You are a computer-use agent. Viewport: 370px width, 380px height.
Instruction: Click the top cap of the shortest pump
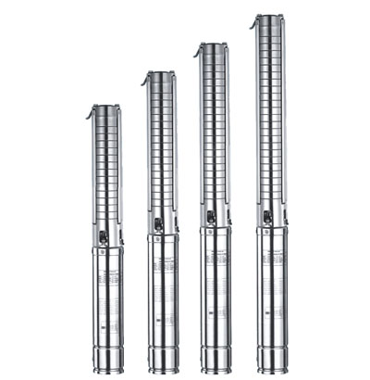(x=106, y=109)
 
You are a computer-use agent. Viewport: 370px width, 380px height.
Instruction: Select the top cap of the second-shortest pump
(x=162, y=77)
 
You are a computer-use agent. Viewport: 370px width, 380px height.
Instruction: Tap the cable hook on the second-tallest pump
(x=198, y=50)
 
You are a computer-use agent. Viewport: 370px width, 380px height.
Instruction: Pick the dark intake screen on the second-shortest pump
(x=158, y=224)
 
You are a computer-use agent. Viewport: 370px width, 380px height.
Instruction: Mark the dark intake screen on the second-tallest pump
(x=213, y=218)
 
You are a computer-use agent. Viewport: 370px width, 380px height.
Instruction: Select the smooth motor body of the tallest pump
(x=273, y=287)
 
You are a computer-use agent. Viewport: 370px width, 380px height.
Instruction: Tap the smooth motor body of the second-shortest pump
(x=163, y=292)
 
